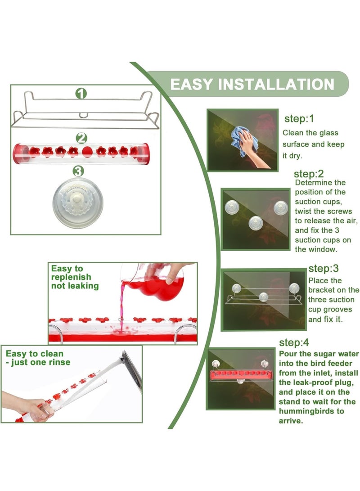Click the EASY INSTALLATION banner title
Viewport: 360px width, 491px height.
[x=252, y=84]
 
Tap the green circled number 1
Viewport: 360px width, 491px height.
[x=81, y=94]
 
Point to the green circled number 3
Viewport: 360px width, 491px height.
[x=78, y=171]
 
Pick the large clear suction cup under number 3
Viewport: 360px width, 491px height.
[x=78, y=198]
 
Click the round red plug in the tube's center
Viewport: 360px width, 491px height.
[x=88, y=151]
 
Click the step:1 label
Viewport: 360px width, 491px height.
[x=299, y=119]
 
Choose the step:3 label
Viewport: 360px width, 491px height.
[x=323, y=269]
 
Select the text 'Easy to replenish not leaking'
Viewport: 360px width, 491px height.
[x=74, y=277]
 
